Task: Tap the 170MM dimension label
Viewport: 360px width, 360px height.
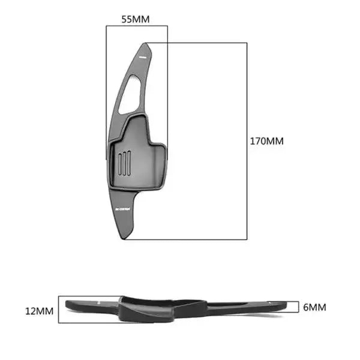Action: tap(266, 142)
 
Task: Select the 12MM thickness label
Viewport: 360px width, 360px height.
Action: tap(39, 311)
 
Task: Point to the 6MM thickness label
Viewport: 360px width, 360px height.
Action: tap(314, 307)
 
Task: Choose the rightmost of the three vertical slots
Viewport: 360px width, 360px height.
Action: tap(128, 163)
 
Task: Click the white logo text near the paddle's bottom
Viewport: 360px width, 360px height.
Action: tap(122, 209)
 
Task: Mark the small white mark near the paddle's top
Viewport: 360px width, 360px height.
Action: tap(142, 55)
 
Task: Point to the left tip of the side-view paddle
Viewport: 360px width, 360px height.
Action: tap(64, 305)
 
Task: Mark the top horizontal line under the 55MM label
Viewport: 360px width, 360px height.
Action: tap(136, 26)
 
